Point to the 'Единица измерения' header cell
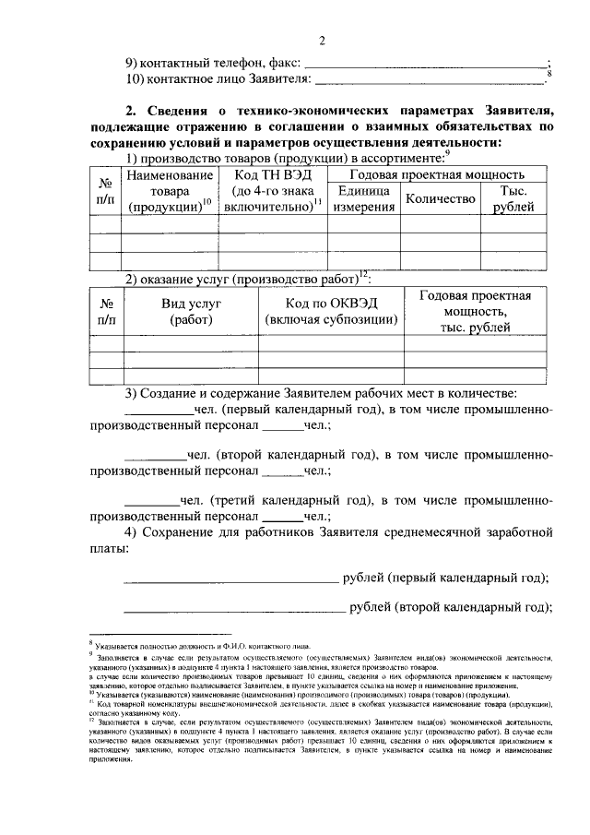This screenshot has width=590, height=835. [364, 198]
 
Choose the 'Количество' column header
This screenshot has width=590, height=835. [440, 198]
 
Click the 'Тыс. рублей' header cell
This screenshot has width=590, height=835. [513, 198]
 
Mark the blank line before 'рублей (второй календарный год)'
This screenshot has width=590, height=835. [233, 611]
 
